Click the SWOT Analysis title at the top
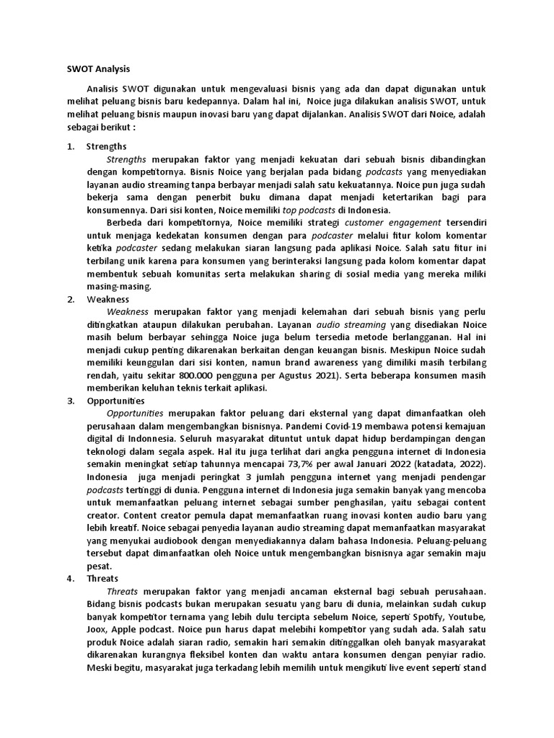(94, 69)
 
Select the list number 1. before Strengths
(71, 146)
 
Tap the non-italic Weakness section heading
(107, 298)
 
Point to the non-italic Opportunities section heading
(115, 401)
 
